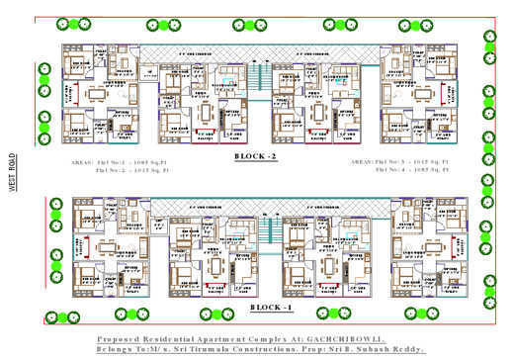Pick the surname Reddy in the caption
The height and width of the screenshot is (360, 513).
(x=409, y=350)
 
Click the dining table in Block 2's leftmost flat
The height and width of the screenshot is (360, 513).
(x=95, y=94)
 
